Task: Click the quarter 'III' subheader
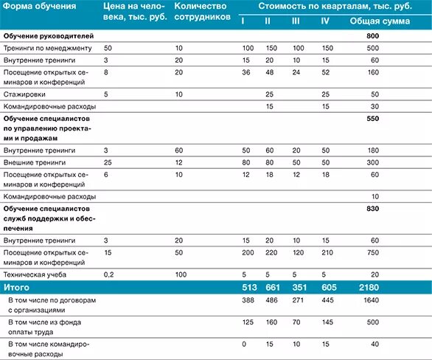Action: [x=296, y=21]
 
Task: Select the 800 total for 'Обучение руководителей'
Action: [x=372, y=36]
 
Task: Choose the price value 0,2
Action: [x=109, y=274]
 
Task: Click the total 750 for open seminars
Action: [x=373, y=252]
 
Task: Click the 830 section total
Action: [x=372, y=209]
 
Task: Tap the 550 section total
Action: [x=372, y=118]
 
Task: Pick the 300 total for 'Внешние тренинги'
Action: [x=373, y=161]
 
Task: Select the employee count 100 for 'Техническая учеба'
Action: [x=181, y=274]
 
